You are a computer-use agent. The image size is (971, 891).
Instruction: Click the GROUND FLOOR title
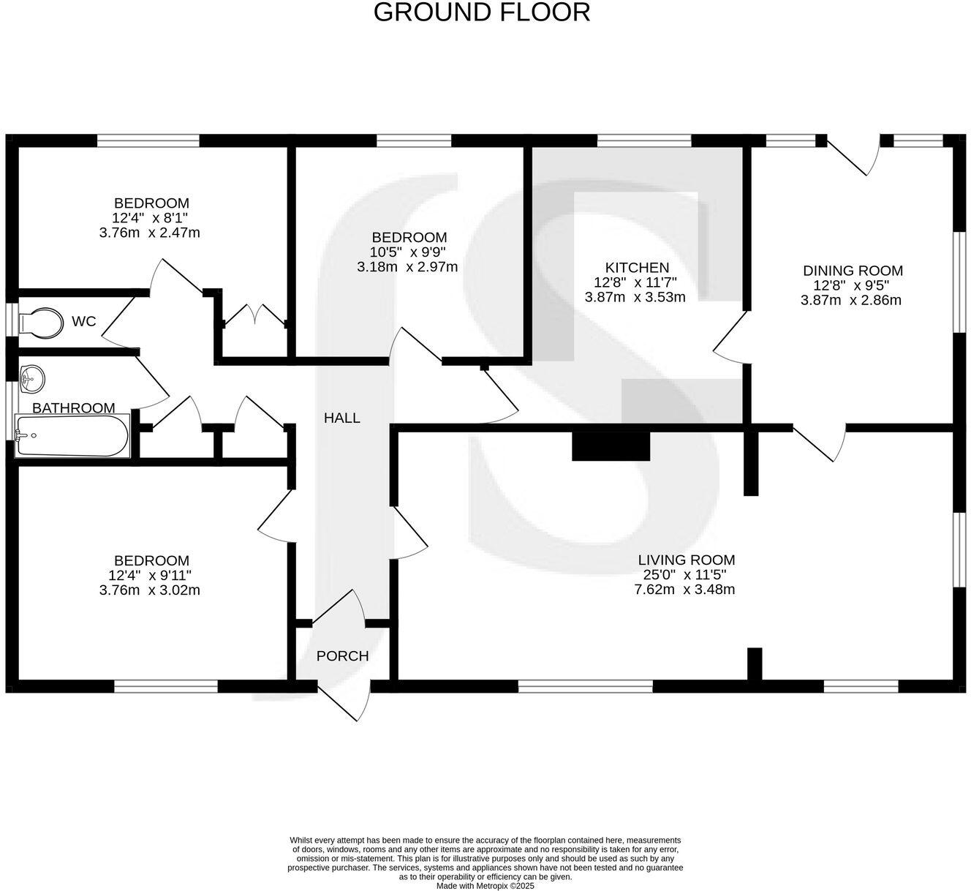(482, 12)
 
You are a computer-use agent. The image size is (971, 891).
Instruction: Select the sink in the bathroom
(31, 378)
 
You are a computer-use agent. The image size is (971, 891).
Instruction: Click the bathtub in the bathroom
(72, 437)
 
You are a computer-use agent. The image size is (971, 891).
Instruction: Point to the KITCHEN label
(636, 268)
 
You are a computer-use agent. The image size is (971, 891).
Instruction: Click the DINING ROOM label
(853, 271)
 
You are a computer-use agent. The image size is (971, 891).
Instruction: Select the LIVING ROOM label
(684, 560)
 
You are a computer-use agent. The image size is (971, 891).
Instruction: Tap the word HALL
(342, 418)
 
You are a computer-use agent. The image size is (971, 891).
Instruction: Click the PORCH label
(342, 656)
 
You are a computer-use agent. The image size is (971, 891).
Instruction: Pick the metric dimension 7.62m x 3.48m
(684, 590)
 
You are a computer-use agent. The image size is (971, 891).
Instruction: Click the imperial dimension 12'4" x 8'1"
(151, 218)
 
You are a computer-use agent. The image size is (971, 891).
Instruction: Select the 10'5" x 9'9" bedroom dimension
(408, 252)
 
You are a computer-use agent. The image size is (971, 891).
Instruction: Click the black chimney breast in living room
(611, 446)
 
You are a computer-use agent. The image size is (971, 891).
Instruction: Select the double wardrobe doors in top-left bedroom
(254, 315)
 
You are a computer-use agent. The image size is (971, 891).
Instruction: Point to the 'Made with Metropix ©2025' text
(485, 885)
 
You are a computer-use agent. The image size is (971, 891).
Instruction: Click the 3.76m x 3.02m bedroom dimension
(150, 590)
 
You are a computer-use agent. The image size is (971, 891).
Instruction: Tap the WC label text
(83, 322)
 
